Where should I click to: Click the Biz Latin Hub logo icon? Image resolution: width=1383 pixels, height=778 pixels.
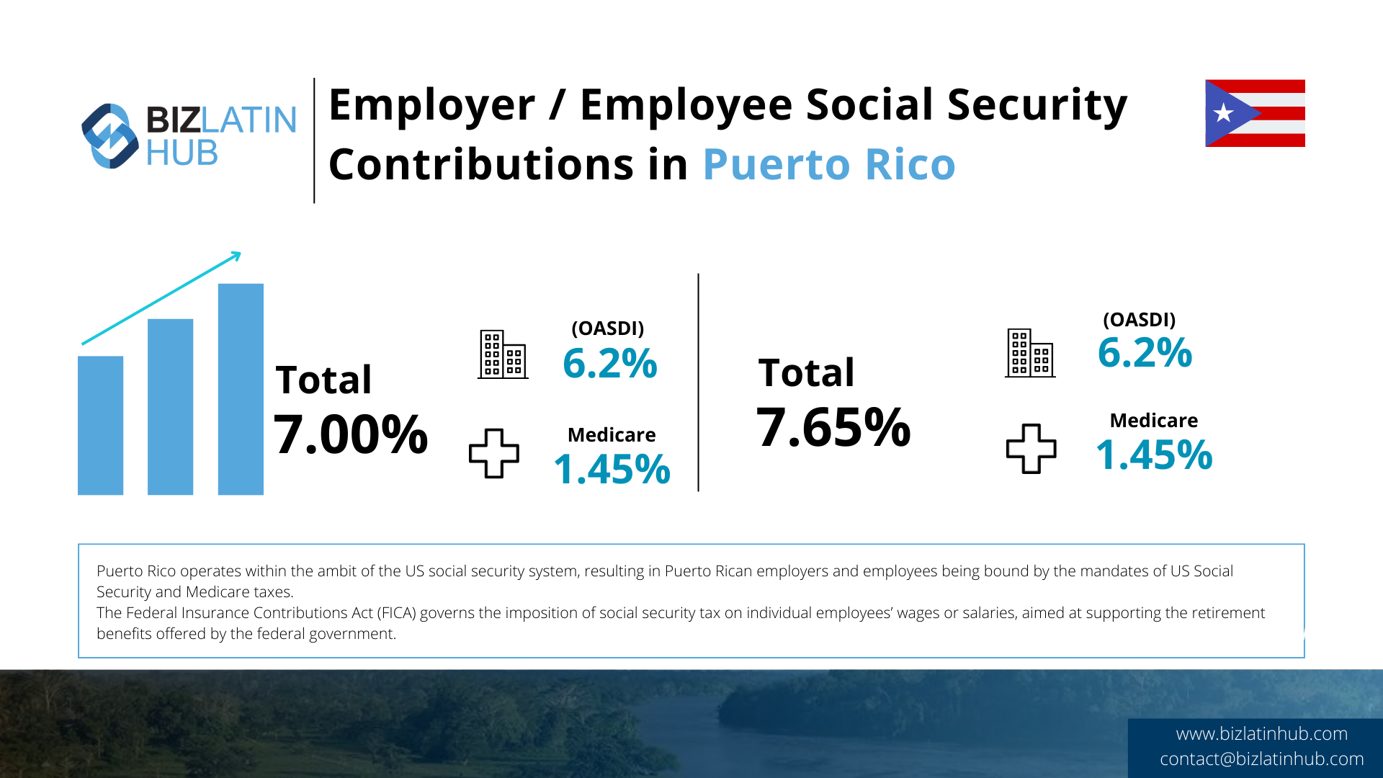pos(109,136)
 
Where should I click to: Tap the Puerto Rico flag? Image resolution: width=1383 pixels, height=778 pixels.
pos(1255,113)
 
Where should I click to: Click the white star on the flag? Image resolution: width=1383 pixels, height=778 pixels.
pos(1223,113)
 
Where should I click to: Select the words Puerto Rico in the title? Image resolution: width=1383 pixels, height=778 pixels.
pos(828,165)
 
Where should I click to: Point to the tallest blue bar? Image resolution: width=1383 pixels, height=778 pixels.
pos(241,389)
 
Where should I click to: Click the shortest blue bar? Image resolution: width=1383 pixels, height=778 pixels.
pos(100,425)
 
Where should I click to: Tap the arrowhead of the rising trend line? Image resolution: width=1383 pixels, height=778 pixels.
pos(236,255)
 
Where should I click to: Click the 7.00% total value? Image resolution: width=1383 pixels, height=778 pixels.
pos(351,434)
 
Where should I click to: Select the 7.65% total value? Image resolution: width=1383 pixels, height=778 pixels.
pos(833,427)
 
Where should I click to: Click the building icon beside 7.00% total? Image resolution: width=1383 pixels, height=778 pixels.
pos(503,354)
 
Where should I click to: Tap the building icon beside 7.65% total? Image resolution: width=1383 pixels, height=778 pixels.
pos(1030,353)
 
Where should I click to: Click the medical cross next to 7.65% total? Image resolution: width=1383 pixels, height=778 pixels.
pos(1031,448)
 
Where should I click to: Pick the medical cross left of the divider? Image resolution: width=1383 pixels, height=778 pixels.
pos(494,453)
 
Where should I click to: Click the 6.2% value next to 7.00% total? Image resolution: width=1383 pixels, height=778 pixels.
pos(609,363)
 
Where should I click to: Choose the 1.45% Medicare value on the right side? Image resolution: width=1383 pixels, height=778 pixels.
pos(1154,455)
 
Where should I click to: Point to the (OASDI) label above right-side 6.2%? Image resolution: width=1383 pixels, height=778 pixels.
pos(1139,320)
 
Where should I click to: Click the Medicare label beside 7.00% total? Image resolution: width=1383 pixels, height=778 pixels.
pos(612,435)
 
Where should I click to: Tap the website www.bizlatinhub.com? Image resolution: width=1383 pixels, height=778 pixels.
pos(1261,733)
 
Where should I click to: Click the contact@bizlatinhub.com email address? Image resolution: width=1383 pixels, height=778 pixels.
pos(1261,759)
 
